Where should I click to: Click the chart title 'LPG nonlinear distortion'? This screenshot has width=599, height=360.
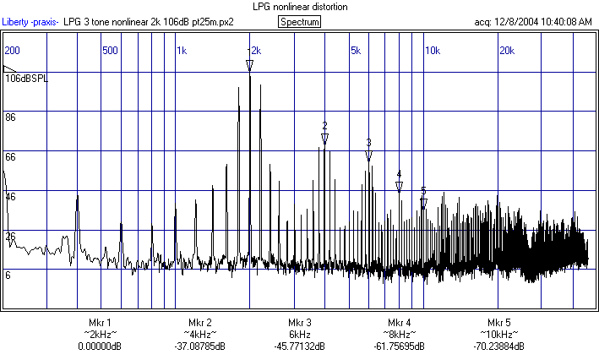(x=300, y=7)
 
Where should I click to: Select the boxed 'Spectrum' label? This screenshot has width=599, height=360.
(x=299, y=22)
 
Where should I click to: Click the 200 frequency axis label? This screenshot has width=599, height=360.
(x=12, y=51)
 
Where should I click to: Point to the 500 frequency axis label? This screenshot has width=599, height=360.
(x=110, y=51)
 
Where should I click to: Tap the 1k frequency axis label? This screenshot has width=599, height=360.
(x=182, y=51)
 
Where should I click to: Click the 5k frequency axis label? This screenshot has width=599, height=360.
(x=356, y=51)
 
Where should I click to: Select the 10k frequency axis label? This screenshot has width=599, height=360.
(x=432, y=51)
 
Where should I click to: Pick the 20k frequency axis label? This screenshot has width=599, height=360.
(x=506, y=51)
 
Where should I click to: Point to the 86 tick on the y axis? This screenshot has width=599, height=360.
(x=11, y=117)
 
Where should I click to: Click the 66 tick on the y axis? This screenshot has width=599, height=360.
(x=11, y=157)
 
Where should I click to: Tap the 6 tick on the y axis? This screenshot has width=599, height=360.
(x=8, y=275)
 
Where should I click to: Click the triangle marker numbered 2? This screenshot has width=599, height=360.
(x=324, y=137)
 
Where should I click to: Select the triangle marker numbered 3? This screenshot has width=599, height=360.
(x=368, y=155)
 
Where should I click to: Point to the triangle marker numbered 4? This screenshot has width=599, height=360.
(x=399, y=187)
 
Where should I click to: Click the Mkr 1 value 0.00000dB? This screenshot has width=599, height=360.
(x=100, y=346)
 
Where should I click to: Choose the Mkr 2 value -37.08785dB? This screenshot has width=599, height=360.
(x=199, y=346)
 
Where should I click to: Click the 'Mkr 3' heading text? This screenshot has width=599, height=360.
(x=300, y=323)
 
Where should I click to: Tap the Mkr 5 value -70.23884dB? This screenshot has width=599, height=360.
(x=498, y=346)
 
